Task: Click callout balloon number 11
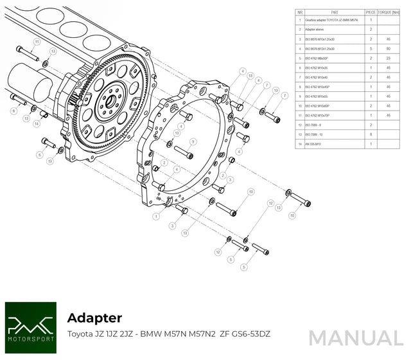coord(37,42)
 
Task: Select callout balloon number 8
coord(13,111)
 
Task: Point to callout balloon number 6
coord(40,154)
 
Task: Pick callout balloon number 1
coord(155,217)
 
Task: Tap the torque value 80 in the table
coord(389,48)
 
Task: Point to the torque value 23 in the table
coord(389,58)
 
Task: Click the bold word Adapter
coord(94,317)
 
